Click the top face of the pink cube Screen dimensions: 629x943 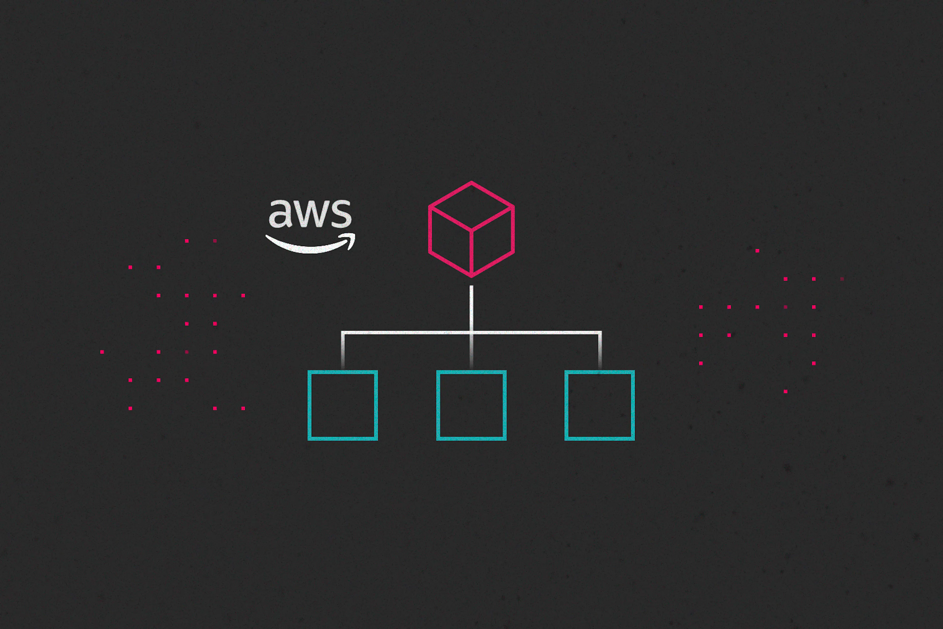pyautogui.click(x=471, y=206)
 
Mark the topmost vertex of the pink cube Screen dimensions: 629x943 pyautogui.click(x=471, y=183)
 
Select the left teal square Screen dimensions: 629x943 pyautogui.click(x=343, y=405)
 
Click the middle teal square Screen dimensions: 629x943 pyautogui.click(x=471, y=405)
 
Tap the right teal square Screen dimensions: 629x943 pyautogui.click(x=599, y=405)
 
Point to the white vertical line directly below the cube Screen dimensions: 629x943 pyautogui.click(x=471, y=307)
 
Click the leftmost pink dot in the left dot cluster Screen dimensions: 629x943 pyautogui.click(x=102, y=352)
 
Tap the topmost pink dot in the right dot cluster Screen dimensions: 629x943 pyautogui.click(x=757, y=251)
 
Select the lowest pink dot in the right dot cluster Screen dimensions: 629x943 pyautogui.click(x=786, y=391)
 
